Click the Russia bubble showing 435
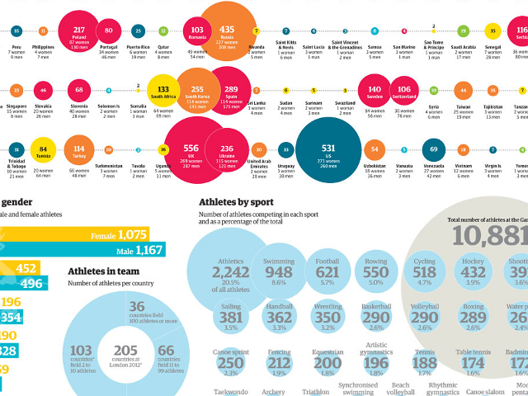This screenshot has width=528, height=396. click(226, 32)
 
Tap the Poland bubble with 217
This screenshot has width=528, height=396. click(78, 31)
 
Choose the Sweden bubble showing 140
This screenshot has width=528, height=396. click(375, 90)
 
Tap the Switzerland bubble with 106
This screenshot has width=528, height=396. click(404, 90)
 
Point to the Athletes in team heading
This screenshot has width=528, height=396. click(103, 270)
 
